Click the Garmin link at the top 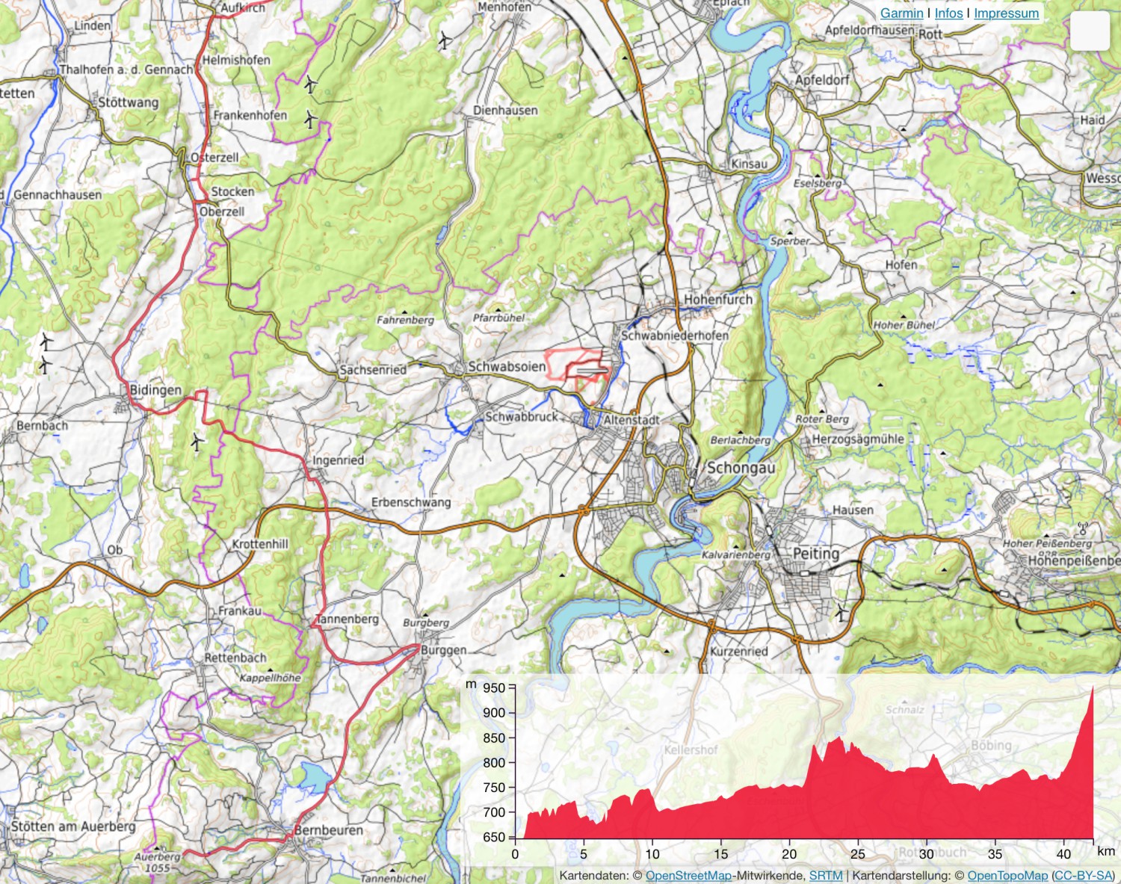pos(901,13)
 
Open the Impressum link pos(1006,13)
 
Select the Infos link pos(948,13)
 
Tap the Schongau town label pos(741,468)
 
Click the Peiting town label pos(815,554)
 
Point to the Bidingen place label pos(155,390)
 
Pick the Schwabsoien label pos(506,367)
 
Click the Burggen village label pos(443,650)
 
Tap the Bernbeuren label pos(328,830)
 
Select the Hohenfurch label pos(718,300)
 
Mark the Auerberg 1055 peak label pos(158,862)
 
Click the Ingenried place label pos(338,460)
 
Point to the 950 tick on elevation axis pos(494,688)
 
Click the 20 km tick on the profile pos(789,853)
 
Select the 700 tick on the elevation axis pos(494,812)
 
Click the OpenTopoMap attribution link pos(1007,875)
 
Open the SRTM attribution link pos(825,875)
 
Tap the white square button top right pos(1090,31)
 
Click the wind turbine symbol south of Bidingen pos(197,442)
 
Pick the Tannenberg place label pos(347,619)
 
